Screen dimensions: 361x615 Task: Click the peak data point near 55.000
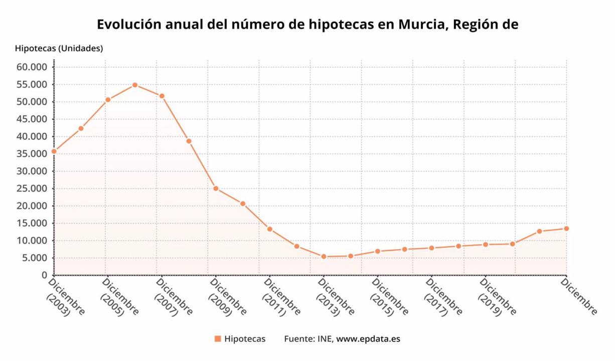click(135, 85)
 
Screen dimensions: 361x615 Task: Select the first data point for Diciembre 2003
click(54, 151)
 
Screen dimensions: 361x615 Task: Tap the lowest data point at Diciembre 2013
click(324, 257)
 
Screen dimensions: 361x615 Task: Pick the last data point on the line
click(566, 229)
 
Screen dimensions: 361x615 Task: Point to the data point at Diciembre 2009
click(216, 189)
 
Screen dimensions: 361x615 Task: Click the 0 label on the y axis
click(44, 275)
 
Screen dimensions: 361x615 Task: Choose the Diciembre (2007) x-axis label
click(173, 298)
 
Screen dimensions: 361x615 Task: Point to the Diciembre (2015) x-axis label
click(389, 298)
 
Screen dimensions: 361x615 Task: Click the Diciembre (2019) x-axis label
click(497, 298)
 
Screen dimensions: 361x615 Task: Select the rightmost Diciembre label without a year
click(579, 297)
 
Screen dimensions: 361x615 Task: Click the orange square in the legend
click(218, 339)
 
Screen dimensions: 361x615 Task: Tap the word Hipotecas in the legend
click(245, 339)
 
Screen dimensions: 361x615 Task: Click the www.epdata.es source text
click(368, 339)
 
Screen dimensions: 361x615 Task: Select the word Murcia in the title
click(420, 24)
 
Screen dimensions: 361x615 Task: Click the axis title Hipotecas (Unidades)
click(59, 49)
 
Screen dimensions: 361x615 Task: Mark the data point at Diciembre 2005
click(108, 100)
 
